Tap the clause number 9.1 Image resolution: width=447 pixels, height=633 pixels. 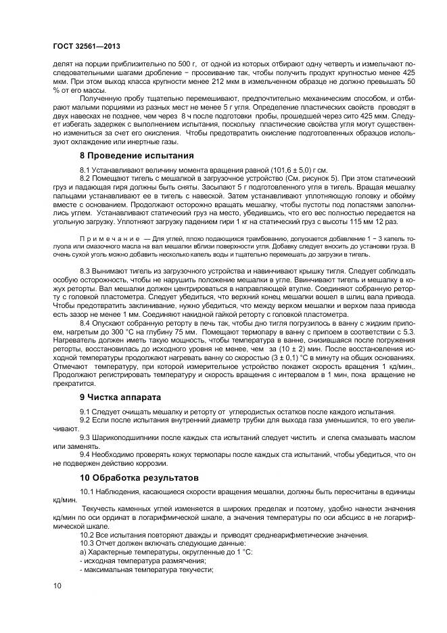(x=87, y=412)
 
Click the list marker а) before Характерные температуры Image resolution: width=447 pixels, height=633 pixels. (x=83, y=552)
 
